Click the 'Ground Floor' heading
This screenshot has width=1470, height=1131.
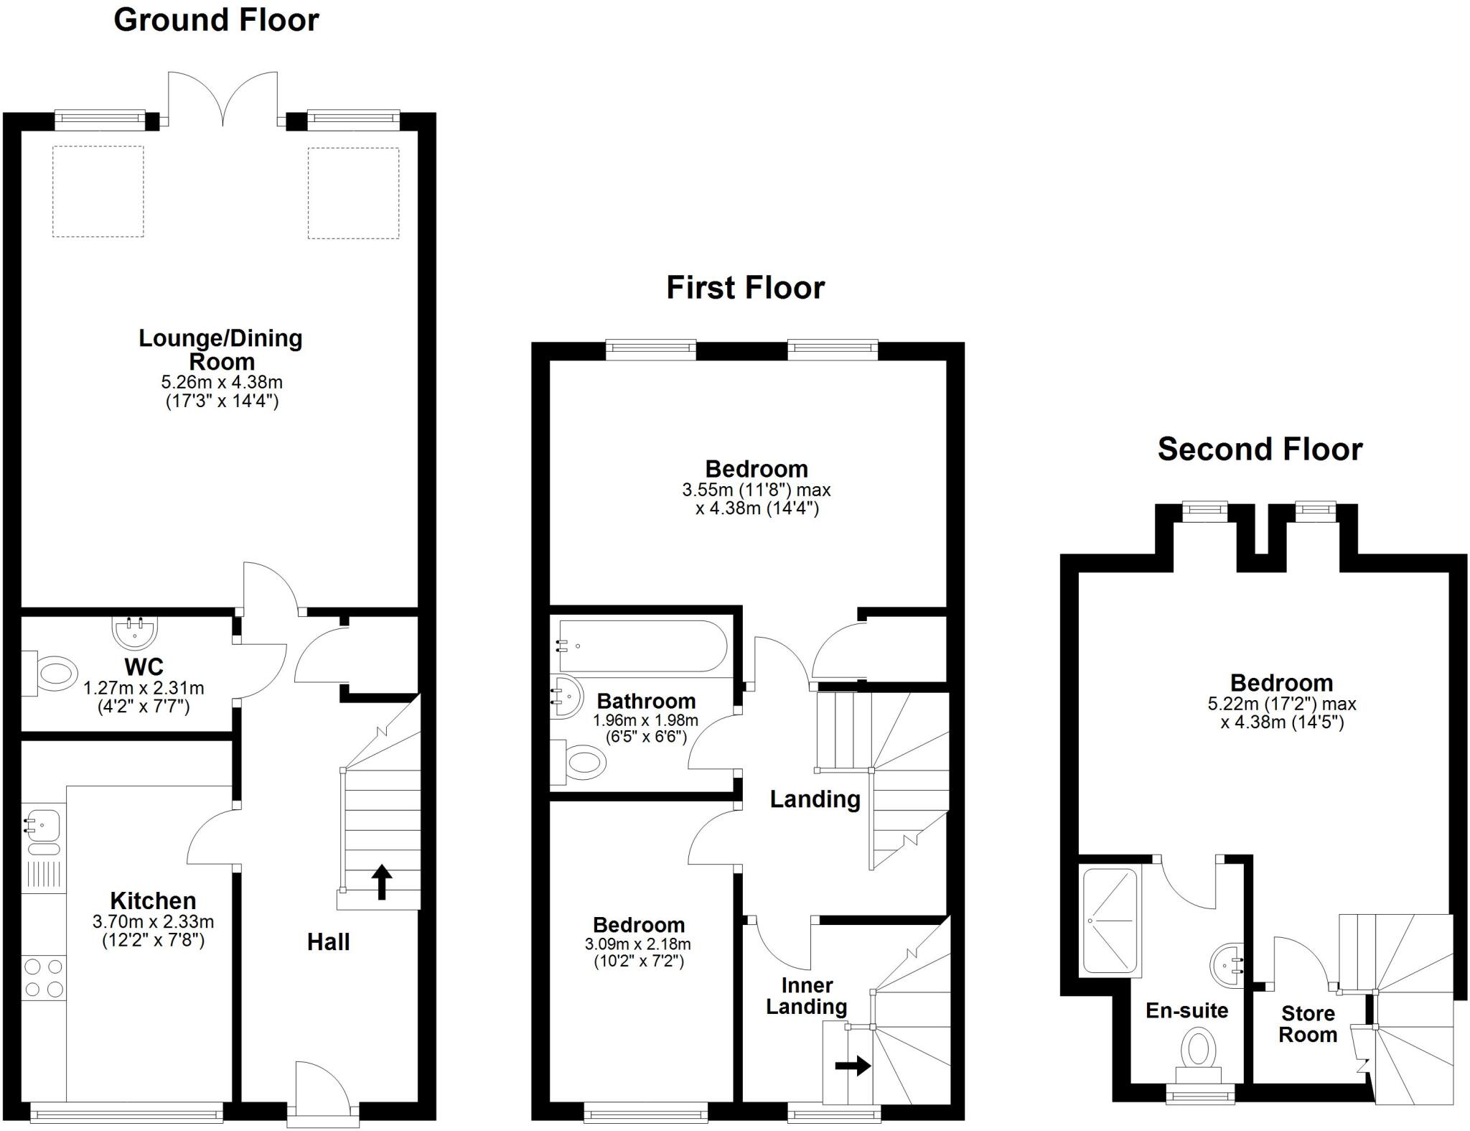click(x=216, y=20)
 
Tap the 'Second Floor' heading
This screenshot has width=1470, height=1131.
click(x=1260, y=450)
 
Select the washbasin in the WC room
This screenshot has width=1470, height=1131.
click(x=134, y=631)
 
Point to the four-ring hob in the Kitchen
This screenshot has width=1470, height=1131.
click(x=43, y=978)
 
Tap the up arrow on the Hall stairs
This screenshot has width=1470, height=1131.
click(x=381, y=882)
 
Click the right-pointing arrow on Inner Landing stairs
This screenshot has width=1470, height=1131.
click(x=853, y=1066)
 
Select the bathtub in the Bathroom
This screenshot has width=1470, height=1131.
click(x=642, y=646)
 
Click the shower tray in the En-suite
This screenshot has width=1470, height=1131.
click(x=1110, y=921)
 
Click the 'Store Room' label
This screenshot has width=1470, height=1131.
click(x=1308, y=1024)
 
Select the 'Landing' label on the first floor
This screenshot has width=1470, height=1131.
click(x=815, y=799)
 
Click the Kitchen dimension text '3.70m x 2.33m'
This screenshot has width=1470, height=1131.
click(x=153, y=921)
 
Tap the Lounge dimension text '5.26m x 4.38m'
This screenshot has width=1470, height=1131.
click(x=222, y=382)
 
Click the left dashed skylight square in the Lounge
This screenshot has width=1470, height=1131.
click(x=98, y=191)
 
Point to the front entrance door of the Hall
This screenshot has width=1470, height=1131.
click(x=322, y=1094)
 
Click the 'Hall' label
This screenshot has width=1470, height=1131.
click(x=328, y=941)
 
